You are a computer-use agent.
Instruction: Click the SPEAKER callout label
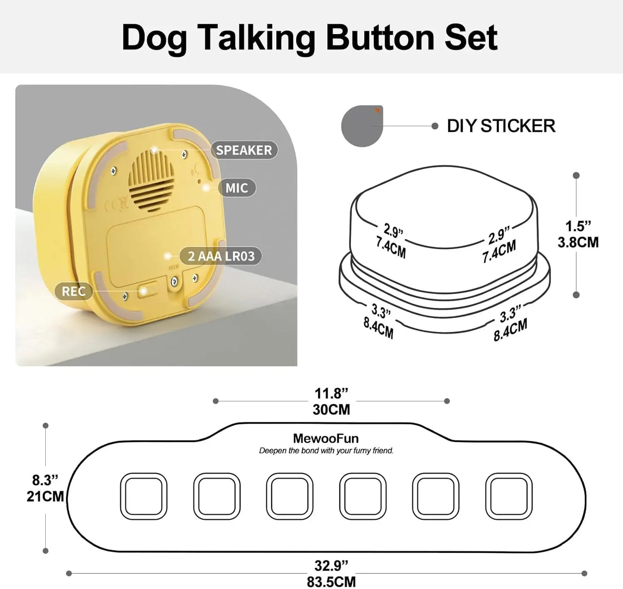[x=244, y=150]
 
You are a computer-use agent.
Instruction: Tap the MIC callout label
[x=236, y=188]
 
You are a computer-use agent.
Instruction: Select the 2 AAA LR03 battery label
[x=221, y=256]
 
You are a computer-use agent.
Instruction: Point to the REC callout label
[x=73, y=291]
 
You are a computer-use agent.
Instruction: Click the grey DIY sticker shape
[x=361, y=126]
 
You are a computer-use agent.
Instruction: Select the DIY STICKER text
[x=501, y=126]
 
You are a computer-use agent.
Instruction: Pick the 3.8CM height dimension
[x=578, y=243]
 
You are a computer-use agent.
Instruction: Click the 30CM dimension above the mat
[x=331, y=409]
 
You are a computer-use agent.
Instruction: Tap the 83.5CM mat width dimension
[x=331, y=582]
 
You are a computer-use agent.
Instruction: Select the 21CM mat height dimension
[x=45, y=496]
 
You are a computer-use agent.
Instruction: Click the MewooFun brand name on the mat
[x=326, y=439]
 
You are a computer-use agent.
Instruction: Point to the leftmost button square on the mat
[x=144, y=496]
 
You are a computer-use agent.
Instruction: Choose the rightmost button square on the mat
[x=509, y=496]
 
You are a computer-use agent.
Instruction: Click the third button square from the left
[x=290, y=496]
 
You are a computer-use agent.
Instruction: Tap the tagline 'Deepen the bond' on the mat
[x=326, y=451]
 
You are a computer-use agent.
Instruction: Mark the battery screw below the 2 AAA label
[x=174, y=282]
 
